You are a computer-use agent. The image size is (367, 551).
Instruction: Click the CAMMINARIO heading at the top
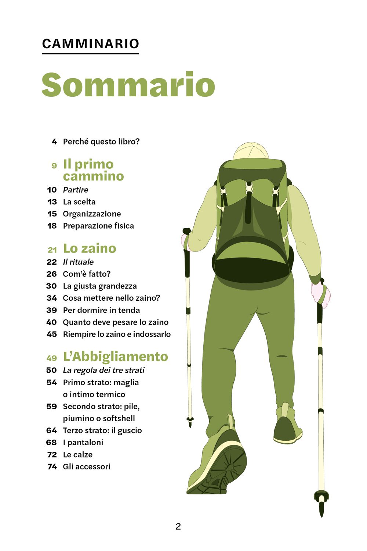pyautogui.click(x=90, y=44)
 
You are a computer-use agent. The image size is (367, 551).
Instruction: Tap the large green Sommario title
pyautogui.click(x=128, y=85)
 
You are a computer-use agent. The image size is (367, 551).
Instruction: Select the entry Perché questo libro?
pyautogui.click(x=101, y=142)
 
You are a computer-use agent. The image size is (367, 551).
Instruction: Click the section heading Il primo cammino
pyautogui.click(x=93, y=170)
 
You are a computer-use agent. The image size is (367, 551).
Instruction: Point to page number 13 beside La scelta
pyautogui.click(x=52, y=202)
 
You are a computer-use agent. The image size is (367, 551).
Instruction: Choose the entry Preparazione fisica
pyautogui.click(x=98, y=226)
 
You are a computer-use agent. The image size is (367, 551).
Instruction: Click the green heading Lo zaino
pyautogui.click(x=90, y=248)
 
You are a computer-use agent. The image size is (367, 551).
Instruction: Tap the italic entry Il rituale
pyautogui.click(x=78, y=262)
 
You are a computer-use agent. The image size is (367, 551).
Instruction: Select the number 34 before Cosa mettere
pyautogui.click(x=52, y=298)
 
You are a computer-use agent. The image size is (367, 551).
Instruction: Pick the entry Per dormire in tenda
pyautogui.click(x=101, y=310)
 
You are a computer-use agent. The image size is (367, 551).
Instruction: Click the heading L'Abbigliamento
pyautogui.click(x=116, y=357)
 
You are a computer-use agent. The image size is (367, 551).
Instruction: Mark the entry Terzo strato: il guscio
pyautogui.click(x=102, y=430)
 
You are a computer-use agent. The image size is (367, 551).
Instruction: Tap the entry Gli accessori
pyautogui.click(x=87, y=466)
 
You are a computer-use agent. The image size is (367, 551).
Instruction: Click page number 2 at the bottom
pyautogui.click(x=178, y=526)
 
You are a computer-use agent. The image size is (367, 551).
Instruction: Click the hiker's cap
pyautogui.click(x=251, y=151)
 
